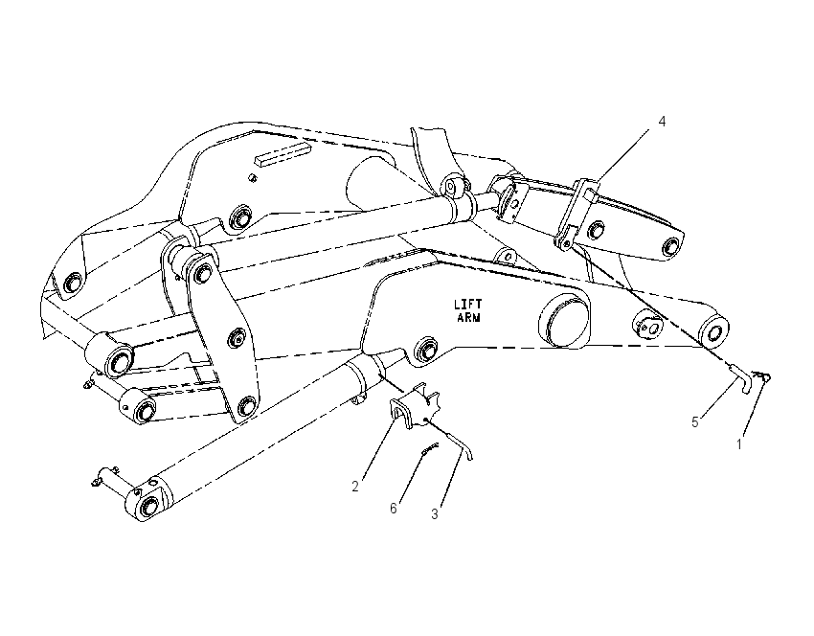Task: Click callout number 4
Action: [662, 122]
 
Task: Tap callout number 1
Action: [739, 444]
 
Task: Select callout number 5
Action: [695, 422]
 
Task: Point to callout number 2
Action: [355, 487]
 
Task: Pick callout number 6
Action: [394, 509]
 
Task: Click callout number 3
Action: [435, 514]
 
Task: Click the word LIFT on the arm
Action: [467, 305]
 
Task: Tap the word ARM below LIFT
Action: [468, 317]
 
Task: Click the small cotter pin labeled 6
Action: [430, 449]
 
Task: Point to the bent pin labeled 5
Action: [741, 377]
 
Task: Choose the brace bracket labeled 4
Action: [576, 213]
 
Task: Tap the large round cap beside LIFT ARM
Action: [564, 319]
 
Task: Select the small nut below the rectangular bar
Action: [252, 177]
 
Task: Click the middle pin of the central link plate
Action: [237, 338]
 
